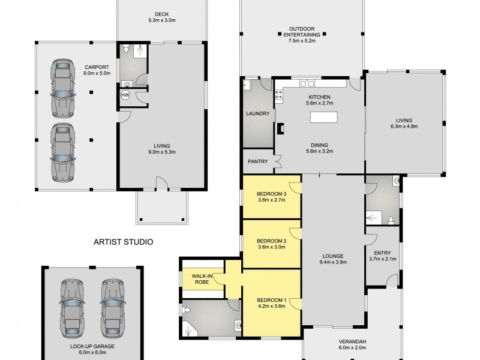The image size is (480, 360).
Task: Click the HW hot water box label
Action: coord(126,95)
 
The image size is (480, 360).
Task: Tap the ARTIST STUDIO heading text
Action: coord(123,242)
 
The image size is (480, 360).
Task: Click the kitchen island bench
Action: coord(325,118)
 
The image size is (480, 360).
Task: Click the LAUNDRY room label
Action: coord(257,113)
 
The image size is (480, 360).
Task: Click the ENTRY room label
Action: coord(382,253)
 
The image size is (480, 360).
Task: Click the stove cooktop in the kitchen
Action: coord(279,94)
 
